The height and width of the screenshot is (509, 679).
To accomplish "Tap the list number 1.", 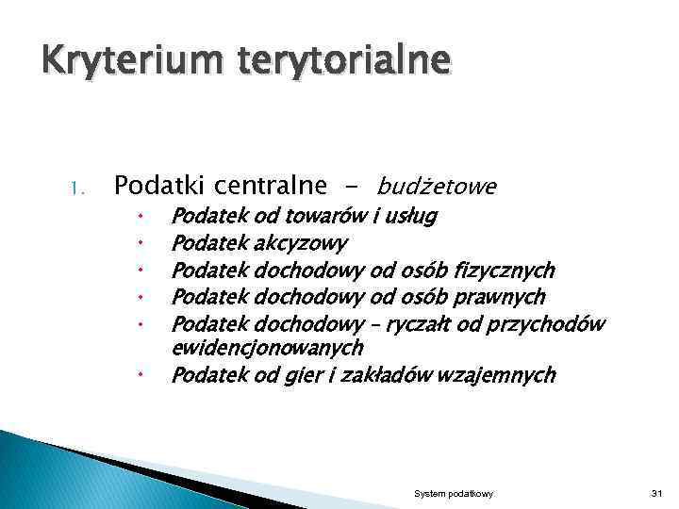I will pyautogui.click(x=78, y=188).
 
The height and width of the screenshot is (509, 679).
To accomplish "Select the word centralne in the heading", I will pyautogui.click(x=272, y=185).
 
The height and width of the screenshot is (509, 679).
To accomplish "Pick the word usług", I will pyautogui.click(x=409, y=218).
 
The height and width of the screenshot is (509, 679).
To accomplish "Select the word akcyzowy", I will pyautogui.click(x=300, y=244).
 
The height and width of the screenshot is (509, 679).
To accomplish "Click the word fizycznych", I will pyautogui.click(x=504, y=271).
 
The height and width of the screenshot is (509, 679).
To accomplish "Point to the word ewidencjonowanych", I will pyautogui.click(x=266, y=347).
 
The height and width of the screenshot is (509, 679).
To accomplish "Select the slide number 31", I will pyautogui.click(x=657, y=494).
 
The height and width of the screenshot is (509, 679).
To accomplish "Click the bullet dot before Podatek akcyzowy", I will pyautogui.click(x=137, y=245).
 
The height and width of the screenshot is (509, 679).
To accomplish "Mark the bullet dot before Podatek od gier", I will pyautogui.click(x=137, y=376).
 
